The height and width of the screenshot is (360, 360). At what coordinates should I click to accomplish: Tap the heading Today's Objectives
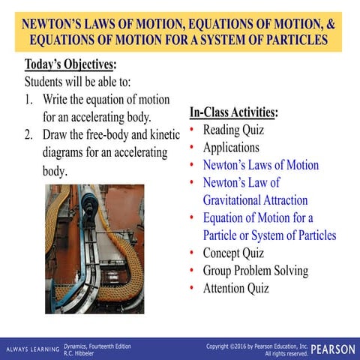pos(70,64)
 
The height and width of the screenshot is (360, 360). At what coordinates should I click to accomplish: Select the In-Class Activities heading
pos(233,112)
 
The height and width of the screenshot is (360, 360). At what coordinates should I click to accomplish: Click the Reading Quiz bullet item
pos(233,130)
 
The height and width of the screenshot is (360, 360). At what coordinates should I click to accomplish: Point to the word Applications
pos(231,147)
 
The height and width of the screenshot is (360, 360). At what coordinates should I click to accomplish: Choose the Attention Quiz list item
pos(235,288)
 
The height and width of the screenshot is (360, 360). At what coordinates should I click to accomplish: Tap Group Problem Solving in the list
pos(255,271)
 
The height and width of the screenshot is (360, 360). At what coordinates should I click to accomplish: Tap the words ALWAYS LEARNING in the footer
pos(32,349)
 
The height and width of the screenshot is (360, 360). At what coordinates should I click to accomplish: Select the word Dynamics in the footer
pos(76,346)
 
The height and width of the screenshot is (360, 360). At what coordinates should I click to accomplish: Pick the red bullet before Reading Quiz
pos(193,130)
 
